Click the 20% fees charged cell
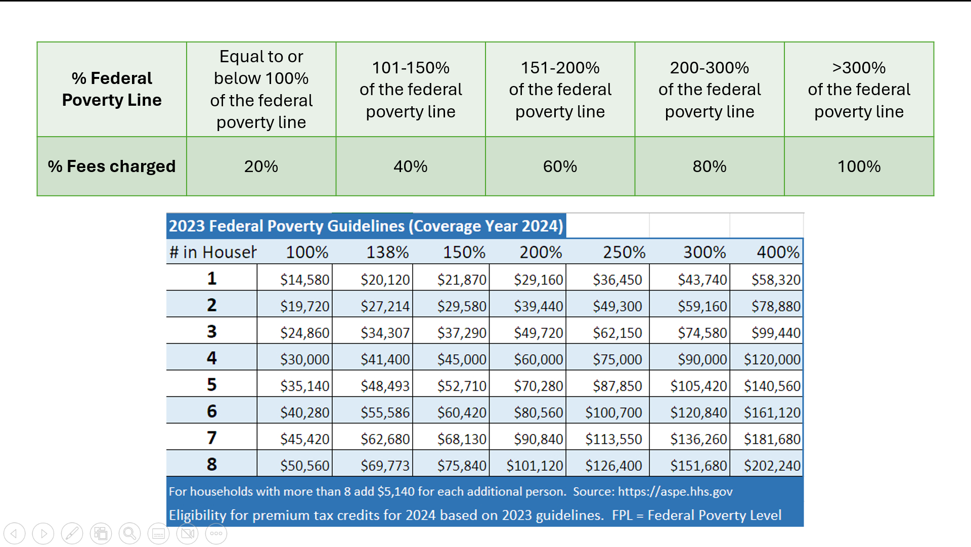point(261,166)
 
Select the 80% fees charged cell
point(709,166)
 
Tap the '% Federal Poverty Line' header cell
point(112,89)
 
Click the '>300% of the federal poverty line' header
point(859,89)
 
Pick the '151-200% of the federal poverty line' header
point(560,89)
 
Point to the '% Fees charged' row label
point(112,166)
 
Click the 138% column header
point(387,252)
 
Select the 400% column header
point(778,252)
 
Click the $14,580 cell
point(304,280)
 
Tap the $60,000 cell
point(538,360)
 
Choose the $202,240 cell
point(772,466)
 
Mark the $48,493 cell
point(385,386)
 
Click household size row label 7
point(211,438)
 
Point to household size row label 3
point(211,332)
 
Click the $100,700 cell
point(613,413)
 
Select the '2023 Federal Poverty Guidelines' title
point(366,226)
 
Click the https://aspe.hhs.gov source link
point(675,492)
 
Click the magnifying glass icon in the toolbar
point(129,533)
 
